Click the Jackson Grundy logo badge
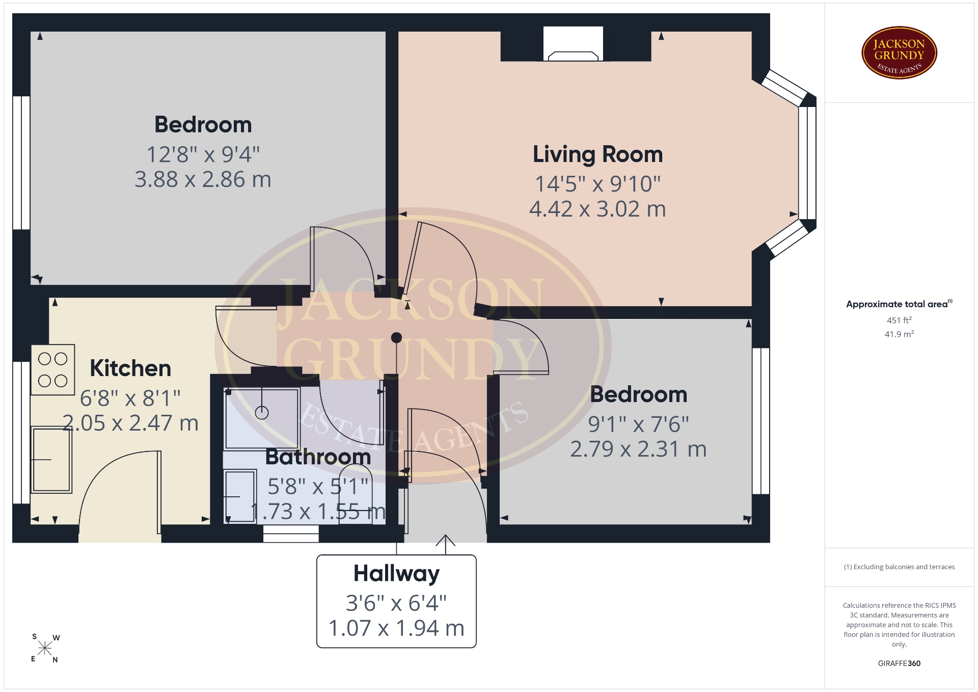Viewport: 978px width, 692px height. (x=899, y=53)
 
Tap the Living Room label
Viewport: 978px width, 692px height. (x=597, y=154)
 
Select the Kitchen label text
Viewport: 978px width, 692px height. (x=130, y=368)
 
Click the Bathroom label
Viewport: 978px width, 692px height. (x=318, y=457)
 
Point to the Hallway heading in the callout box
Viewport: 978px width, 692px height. (x=396, y=574)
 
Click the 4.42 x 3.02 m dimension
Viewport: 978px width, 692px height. (x=597, y=209)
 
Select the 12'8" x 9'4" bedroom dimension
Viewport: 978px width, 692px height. (x=203, y=154)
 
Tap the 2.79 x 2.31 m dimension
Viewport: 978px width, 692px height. (x=638, y=449)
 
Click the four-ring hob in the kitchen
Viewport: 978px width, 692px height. (x=53, y=370)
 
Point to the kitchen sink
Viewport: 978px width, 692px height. (x=51, y=460)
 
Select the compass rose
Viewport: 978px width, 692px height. (x=45, y=648)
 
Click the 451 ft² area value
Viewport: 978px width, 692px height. (x=899, y=320)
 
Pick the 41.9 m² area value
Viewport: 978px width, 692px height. (x=899, y=334)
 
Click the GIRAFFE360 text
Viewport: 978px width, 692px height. (x=899, y=663)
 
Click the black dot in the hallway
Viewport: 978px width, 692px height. (x=396, y=337)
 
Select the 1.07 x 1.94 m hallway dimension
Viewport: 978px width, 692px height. (x=396, y=628)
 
